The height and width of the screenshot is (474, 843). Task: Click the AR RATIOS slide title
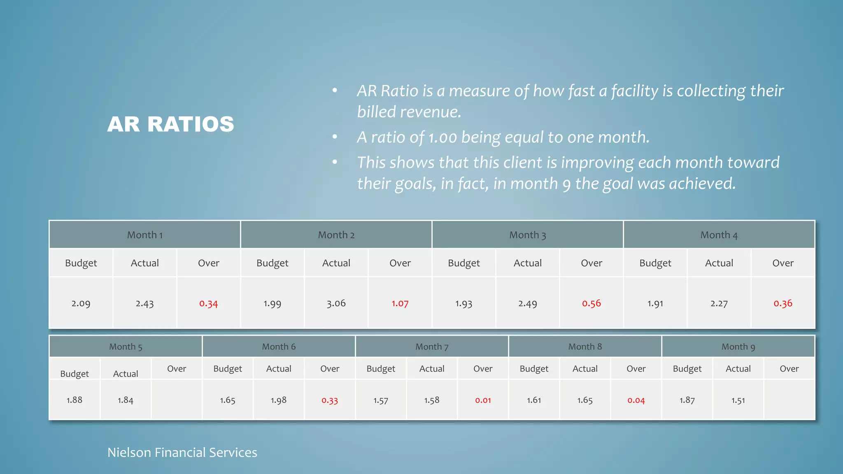coord(170,124)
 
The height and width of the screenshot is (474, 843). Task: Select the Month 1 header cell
coord(144,235)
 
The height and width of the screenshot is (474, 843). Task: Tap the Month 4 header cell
coord(719,235)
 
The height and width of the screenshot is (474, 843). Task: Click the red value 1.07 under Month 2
coord(400,304)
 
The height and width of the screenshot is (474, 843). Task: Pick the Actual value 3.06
coord(336,304)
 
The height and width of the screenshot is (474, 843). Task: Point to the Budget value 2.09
coord(81,304)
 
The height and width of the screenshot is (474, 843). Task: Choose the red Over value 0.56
coord(591,304)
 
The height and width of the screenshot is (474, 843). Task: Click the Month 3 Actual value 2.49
coord(527,304)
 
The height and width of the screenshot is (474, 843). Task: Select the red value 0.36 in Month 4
coord(782,304)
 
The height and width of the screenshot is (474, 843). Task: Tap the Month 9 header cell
coord(738,347)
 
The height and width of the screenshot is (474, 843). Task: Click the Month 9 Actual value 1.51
coord(738,400)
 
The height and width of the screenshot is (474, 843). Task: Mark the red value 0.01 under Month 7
coord(483,400)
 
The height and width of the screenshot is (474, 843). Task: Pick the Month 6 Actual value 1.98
coord(279,400)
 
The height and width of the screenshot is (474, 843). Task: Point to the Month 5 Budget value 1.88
coord(75,400)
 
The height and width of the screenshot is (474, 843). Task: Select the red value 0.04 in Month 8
coord(636,400)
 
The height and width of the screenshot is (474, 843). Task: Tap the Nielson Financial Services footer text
coord(182,453)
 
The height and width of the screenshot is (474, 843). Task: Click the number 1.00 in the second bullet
coord(442,137)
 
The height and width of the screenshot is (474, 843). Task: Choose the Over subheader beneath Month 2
coord(400,263)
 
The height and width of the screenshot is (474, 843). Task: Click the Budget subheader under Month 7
coord(381,369)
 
